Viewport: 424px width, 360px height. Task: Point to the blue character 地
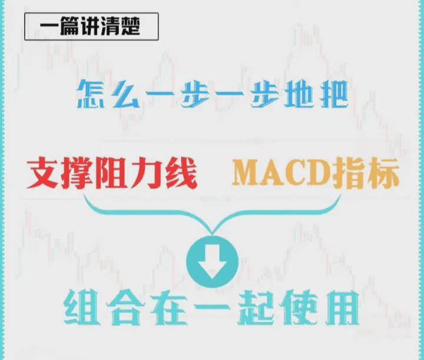click(294, 94)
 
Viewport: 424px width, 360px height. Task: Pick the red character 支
click(45, 172)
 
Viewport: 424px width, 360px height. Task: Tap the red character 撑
click(80, 172)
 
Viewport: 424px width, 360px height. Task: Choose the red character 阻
click(115, 172)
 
